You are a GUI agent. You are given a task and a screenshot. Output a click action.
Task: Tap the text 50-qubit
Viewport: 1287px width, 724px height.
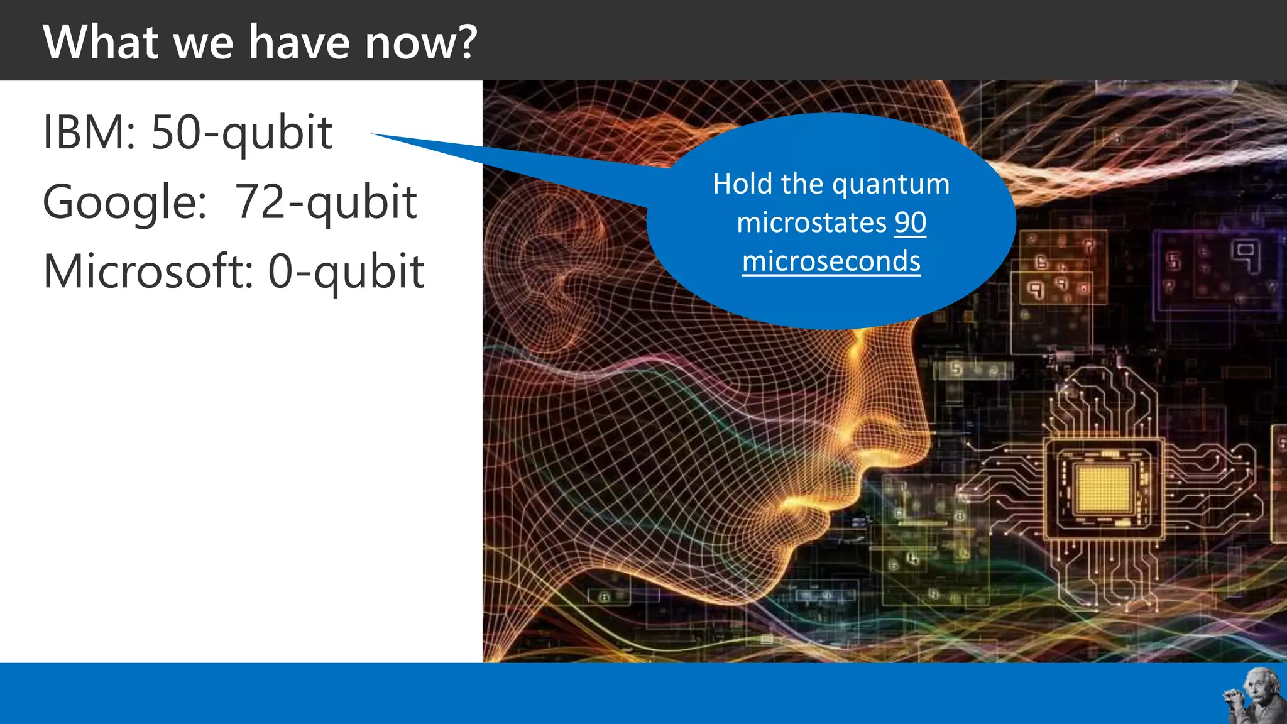[x=241, y=133]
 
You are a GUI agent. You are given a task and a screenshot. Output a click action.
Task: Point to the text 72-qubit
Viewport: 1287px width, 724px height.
[x=325, y=202]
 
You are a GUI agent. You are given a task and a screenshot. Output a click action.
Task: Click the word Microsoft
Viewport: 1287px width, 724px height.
[x=148, y=271]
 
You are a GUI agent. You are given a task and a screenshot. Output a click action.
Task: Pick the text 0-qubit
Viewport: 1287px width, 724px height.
[x=346, y=271]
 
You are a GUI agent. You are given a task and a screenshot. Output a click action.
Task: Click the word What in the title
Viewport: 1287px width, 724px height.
[x=101, y=42]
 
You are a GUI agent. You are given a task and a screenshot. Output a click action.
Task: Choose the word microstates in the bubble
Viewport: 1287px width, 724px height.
[x=811, y=222]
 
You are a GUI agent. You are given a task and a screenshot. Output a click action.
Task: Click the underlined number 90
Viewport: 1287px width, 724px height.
[x=911, y=222]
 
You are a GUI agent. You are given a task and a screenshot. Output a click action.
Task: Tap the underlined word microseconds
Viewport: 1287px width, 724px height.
[x=831, y=261]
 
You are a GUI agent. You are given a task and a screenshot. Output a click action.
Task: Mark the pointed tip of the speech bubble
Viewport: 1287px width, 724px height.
[x=372, y=134]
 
